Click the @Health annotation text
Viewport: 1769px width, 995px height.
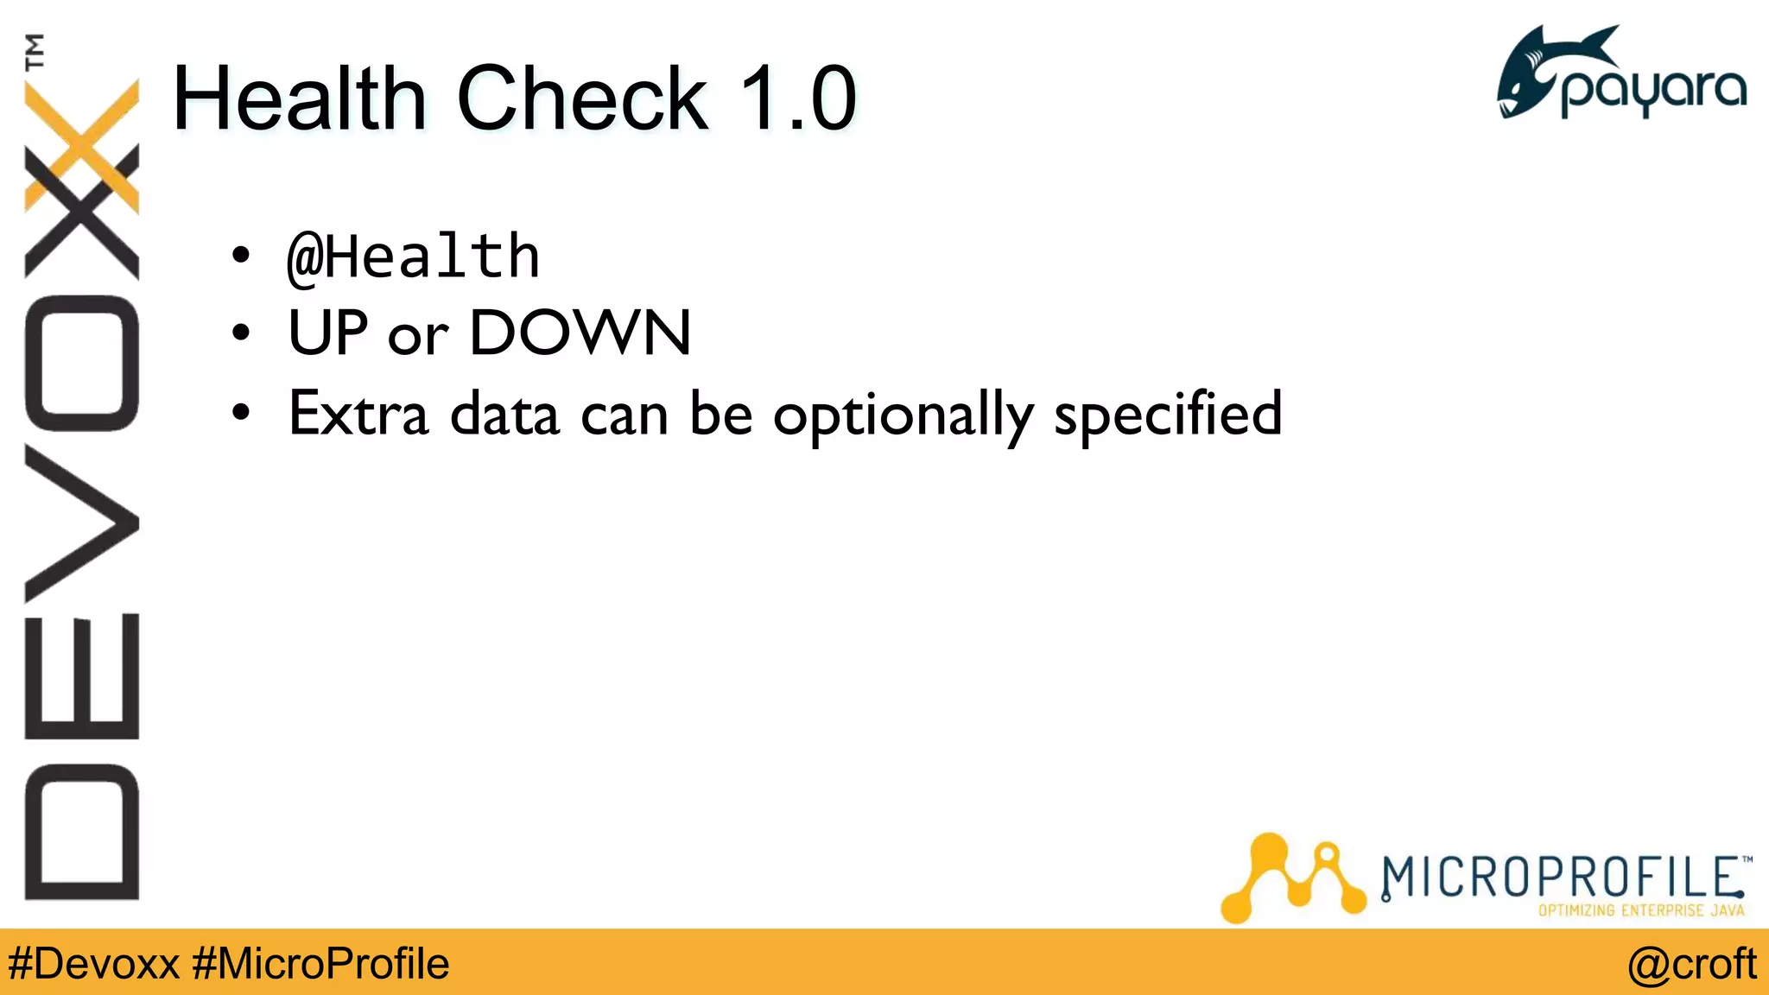[414, 257]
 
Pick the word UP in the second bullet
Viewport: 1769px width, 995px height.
[328, 333]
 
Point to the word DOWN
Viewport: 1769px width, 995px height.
[580, 333]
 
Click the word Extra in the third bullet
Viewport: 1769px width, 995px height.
[358, 414]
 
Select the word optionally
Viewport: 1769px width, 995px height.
[903, 415]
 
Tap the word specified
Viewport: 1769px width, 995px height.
[1168, 415]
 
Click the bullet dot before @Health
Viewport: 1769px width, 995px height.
[241, 256]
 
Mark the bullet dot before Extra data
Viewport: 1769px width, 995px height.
[241, 413]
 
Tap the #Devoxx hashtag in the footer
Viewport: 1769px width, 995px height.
[93, 964]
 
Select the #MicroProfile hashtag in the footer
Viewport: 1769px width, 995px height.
[320, 964]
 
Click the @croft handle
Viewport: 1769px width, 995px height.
[1691, 964]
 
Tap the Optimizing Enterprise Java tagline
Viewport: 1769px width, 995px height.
[1640, 910]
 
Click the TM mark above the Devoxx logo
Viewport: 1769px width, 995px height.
[35, 52]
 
